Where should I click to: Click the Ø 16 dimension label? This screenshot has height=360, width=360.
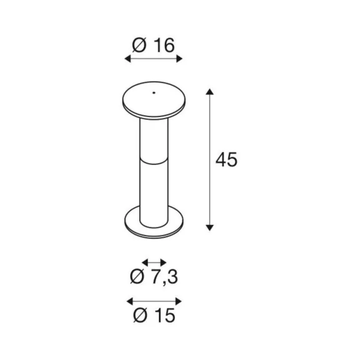coord(153,45)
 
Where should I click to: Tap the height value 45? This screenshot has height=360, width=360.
coord(226,159)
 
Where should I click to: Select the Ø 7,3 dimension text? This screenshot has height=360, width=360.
coord(154,277)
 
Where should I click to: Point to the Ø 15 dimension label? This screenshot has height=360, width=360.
coord(154,315)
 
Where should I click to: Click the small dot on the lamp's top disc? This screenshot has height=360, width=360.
coord(154,92)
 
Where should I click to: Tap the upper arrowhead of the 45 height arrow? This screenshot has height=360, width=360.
coord(209,92)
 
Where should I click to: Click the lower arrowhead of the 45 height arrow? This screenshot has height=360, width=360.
coord(209,227)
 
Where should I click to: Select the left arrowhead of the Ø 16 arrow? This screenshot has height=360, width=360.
coord(127,59)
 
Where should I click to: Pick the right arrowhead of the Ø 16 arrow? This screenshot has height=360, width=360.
coord(179,59)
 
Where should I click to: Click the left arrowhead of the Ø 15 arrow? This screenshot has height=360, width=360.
coord(130,301)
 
